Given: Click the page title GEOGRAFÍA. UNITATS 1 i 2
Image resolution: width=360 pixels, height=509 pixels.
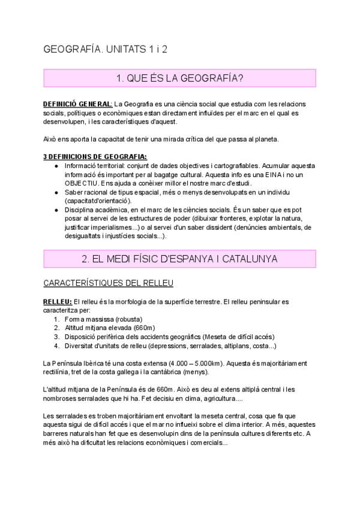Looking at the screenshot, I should click(105, 49).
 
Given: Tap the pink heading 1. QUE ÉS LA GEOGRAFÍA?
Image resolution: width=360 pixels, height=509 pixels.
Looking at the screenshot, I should click(179, 78).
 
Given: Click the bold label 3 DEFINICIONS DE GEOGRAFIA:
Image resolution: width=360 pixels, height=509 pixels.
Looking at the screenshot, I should click(95, 157).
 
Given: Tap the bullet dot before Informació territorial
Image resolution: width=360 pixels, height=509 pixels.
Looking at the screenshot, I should click(56, 166).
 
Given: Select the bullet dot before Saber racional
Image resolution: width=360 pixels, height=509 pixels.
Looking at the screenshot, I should click(56, 192).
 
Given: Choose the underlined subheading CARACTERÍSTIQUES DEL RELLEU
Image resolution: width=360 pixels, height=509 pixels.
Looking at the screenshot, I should click(108, 282).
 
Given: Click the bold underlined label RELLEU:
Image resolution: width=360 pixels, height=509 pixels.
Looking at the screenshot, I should click(58, 301).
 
